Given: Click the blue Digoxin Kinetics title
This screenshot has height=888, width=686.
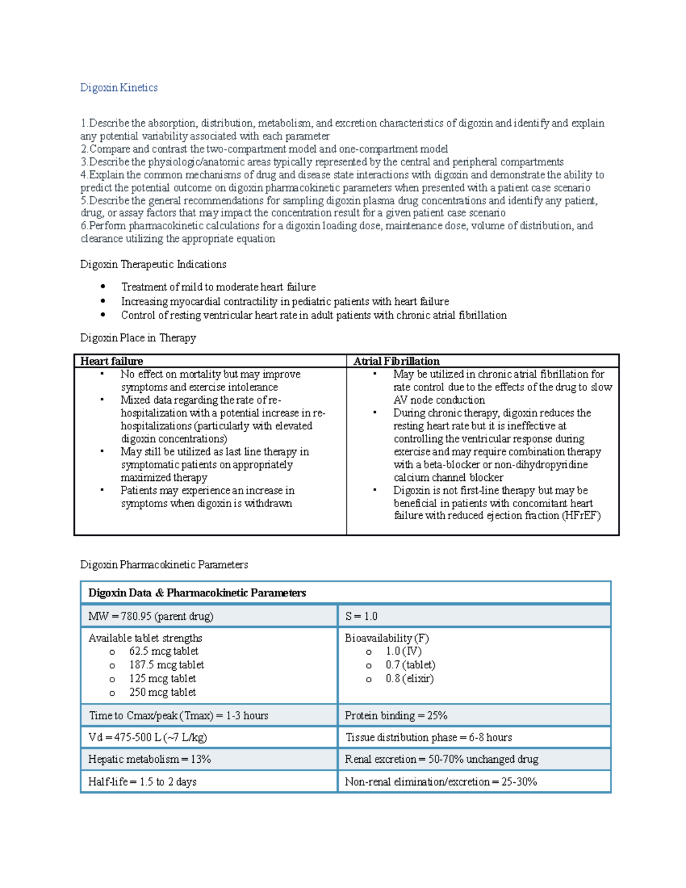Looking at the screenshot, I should pos(119,87).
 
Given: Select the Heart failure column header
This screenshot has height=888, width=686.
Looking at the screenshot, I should pos(111,361).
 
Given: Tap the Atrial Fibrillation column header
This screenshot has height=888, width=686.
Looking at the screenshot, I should pos(396,361).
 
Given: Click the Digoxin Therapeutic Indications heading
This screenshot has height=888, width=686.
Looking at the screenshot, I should pos(153,264).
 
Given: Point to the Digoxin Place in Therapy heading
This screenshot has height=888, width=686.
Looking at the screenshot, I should pos(138,338).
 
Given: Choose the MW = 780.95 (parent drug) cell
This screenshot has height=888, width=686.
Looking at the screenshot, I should pos(151,616).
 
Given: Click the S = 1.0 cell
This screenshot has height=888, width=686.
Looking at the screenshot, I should pos(361,616).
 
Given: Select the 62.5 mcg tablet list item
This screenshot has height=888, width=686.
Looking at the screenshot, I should pos(163,651).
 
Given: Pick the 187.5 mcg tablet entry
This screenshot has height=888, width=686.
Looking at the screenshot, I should pos(166,665).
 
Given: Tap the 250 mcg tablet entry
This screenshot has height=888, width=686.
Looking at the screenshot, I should pos(162,692).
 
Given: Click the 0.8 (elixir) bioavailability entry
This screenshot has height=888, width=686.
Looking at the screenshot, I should pos(409,679).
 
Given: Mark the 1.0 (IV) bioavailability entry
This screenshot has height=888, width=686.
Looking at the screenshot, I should pos(404,651).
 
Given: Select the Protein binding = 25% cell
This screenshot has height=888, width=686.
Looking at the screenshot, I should pos(396,715).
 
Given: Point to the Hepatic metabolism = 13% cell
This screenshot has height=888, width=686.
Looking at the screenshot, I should pos(150,759).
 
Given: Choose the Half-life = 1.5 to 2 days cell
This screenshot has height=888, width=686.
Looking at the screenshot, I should pos(142,782).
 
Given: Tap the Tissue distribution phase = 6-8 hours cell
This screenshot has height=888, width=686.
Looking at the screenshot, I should pos(429,738).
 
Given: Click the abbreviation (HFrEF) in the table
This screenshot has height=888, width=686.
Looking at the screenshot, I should pos(581,516).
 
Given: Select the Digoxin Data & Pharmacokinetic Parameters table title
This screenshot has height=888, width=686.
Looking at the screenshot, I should pos(197,593).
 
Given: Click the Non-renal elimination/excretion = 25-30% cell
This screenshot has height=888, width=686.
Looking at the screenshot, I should pos(441,782).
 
